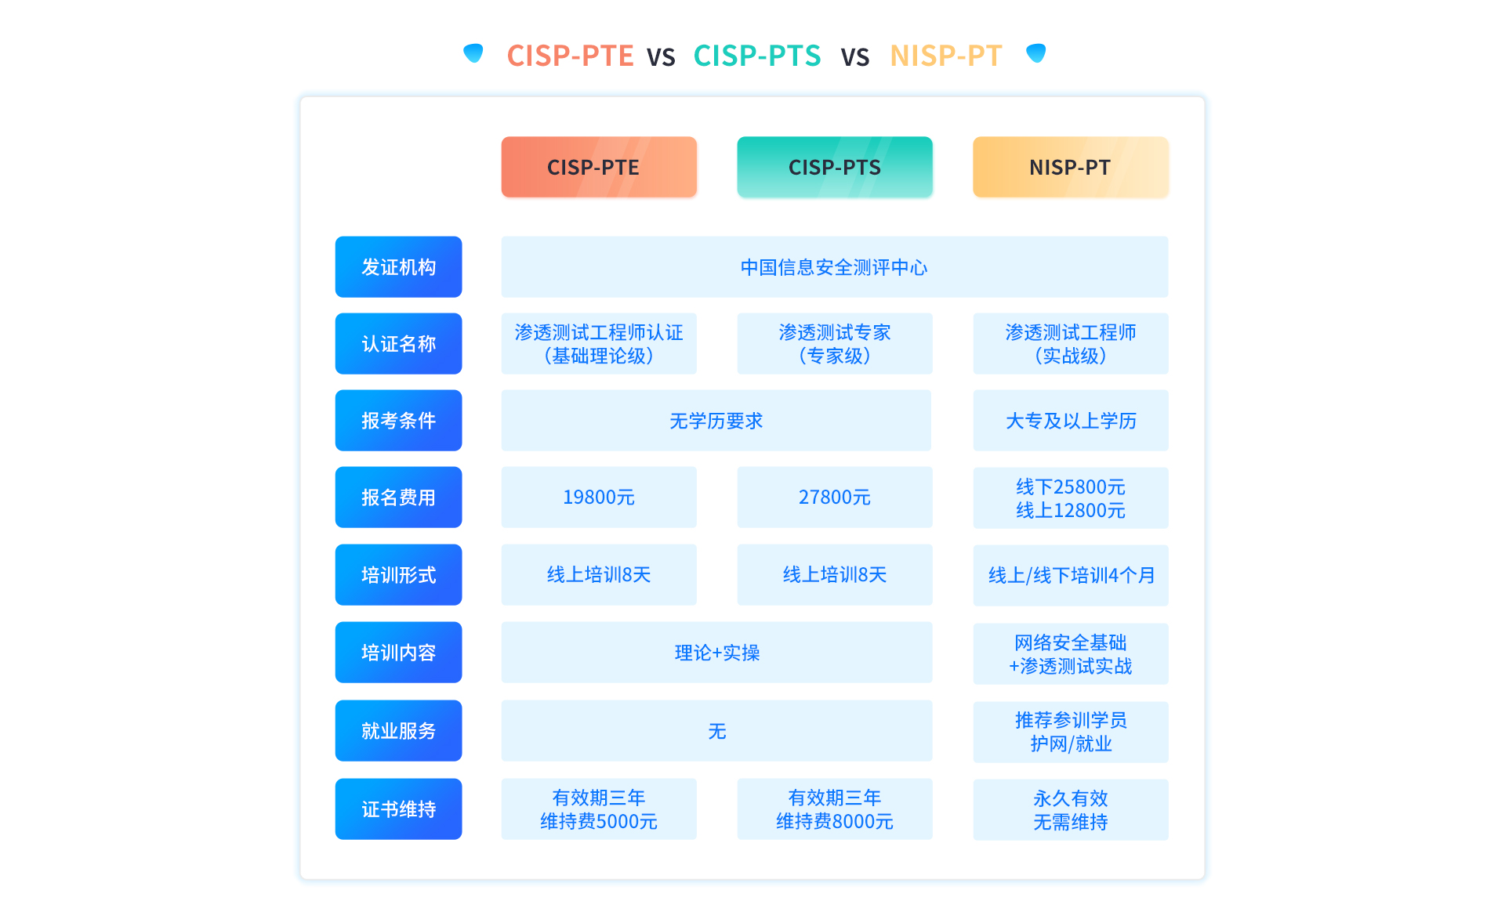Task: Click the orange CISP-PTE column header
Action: (599, 167)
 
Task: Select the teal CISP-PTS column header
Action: (834, 167)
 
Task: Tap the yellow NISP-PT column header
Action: (1070, 167)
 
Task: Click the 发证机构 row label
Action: (398, 267)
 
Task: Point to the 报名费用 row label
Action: (398, 497)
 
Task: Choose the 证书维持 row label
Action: (398, 809)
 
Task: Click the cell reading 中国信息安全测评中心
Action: (834, 267)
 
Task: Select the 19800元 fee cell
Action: (599, 497)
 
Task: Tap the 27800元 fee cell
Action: (834, 497)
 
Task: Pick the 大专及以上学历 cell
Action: (1070, 421)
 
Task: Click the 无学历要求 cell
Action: (716, 421)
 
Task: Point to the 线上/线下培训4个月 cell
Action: (1070, 575)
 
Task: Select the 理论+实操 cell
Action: (716, 653)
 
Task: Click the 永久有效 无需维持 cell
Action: (1070, 810)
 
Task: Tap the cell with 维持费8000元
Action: (834, 809)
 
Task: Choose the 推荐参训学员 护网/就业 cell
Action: (1070, 732)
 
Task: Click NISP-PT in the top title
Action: (945, 56)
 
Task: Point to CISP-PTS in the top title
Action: (757, 56)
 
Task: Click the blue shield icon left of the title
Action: (473, 53)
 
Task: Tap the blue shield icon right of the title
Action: (1036, 53)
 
